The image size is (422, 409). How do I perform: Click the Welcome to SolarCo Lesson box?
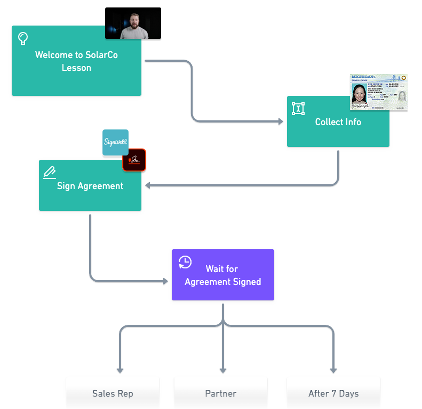tap(76, 61)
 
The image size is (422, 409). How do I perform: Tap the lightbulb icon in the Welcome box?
tap(23, 38)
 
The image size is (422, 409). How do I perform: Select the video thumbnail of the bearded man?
tap(133, 24)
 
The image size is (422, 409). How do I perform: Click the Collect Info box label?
tap(338, 122)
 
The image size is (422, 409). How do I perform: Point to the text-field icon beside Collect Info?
tap(298, 109)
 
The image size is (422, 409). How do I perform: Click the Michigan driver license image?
tap(378, 93)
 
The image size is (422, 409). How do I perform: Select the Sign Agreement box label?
tap(90, 186)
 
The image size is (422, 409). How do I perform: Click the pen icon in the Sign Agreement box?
tap(50, 172)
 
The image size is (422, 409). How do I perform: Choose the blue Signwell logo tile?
tap(115, 143)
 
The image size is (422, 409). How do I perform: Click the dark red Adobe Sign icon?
tap(134, 160)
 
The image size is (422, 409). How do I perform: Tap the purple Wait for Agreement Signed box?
tap(222, 276)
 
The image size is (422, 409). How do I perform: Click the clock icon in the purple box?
tap(185, 262)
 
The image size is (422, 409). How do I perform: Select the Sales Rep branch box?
tap(113, 394)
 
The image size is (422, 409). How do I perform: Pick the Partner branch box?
tap(220, 394)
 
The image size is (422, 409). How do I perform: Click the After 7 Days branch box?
tap(333, 394)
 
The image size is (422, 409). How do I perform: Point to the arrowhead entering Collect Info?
tap(281, 122)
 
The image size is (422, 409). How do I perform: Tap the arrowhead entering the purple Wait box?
tap(165, 281)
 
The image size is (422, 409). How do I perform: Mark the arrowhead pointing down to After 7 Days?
tap(333, 370)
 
